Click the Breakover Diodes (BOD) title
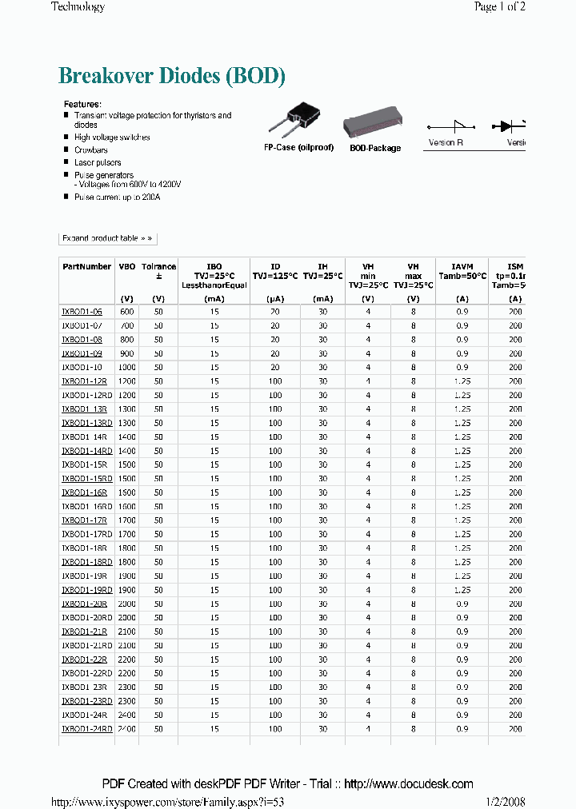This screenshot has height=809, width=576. coord(172,77)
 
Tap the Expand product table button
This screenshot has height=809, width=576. coord(106,238)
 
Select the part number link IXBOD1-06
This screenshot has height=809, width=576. coord(82,312)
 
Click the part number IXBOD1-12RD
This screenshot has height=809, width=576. coord(86,395)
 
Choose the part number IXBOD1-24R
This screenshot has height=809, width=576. coord(84,715)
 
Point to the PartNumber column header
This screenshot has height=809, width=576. coord(86,267)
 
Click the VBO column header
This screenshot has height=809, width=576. coord(127,267)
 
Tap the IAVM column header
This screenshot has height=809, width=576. coord(462,267)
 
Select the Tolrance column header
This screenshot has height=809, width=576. coord(158,267)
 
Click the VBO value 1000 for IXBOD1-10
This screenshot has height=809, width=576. coord(127,367)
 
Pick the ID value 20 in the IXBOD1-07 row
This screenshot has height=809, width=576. coord(275,325)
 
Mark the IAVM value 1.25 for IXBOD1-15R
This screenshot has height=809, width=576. coord(462,464)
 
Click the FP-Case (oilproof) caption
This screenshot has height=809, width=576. coord(298,148)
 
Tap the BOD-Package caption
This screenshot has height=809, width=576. coord(375,148)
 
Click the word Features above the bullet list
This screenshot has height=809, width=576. coord(82,105)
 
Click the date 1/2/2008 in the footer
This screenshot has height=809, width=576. coord(505,802)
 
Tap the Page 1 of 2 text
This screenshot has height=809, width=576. coord(499,7)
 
